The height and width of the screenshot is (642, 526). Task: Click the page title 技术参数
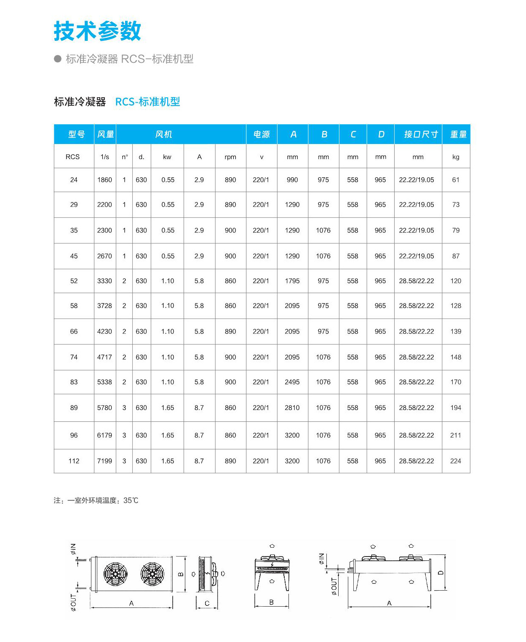tap(97, 31)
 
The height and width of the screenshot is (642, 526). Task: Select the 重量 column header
tap(458, 134)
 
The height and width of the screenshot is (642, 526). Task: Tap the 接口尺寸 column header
tap(420, 134)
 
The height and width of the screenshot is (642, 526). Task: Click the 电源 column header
tap(261, 134)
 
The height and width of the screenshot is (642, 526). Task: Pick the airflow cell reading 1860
tap(104, 180)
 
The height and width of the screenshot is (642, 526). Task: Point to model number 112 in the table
tap(74, 461)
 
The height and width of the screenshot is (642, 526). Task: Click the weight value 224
tap(455, 461)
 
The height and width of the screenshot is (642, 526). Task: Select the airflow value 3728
tap(104, 306)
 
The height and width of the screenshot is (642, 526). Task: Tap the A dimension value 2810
tap(292, 408)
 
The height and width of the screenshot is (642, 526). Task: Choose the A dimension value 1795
tap(292, 281)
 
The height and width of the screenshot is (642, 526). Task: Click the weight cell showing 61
tap(456, 180)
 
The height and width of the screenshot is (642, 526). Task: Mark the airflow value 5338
tap(104, 382)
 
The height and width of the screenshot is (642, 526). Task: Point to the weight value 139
tap(456, 331)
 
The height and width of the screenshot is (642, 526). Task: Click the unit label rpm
tap(230, 157)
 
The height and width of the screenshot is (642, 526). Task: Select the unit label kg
tap(456, 157)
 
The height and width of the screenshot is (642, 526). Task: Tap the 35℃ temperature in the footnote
tap(131, 501)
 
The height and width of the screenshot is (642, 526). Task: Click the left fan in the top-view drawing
tap(115, 574)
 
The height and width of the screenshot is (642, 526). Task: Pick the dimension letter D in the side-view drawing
tap(441, 573)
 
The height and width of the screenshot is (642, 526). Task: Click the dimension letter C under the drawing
tap(207, 603)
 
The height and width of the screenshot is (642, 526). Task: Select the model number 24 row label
tap(74, 180)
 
